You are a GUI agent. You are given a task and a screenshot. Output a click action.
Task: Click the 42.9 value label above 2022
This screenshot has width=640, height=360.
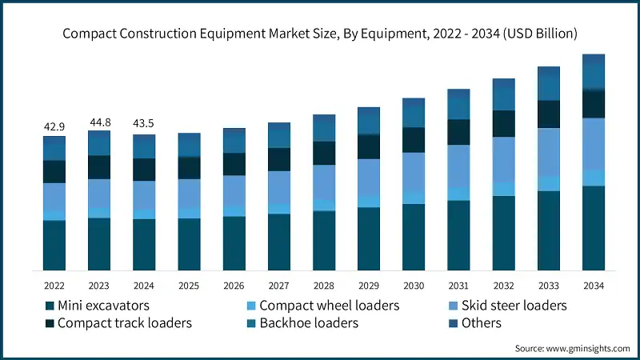point(54,126)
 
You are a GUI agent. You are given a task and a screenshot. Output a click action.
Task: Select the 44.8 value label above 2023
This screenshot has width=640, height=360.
point(99,122)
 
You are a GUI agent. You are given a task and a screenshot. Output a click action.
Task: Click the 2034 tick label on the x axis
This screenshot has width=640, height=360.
point(593,285)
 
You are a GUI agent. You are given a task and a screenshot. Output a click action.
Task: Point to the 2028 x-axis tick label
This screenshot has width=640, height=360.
point(324,285)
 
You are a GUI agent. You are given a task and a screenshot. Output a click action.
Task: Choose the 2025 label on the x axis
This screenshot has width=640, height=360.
point(189,285)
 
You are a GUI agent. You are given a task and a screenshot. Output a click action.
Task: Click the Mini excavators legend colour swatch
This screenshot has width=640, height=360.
point(50,306)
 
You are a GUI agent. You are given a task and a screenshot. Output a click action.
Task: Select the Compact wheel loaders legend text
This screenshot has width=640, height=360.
point(329,306)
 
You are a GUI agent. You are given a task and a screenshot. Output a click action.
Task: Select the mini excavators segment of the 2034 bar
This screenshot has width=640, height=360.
point(593,228)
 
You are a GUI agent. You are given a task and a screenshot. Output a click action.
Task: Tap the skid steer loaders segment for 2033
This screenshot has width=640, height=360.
point(548,152)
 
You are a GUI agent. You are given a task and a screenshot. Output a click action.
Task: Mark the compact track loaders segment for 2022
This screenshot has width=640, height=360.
point(54,171)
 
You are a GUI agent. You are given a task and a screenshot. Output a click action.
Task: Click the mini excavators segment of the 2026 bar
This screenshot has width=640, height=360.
point(234,243)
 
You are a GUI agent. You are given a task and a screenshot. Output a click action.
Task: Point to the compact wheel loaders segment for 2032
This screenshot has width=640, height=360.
point(503,189)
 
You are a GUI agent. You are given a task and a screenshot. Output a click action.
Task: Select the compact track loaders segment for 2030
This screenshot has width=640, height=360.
point(414,140)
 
